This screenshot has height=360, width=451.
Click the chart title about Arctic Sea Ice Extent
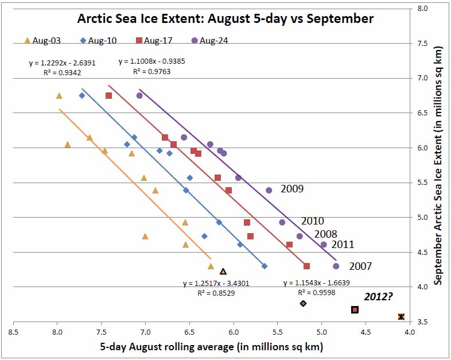click(x=226, y=19)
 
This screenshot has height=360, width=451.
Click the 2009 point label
click(x=292, y=188)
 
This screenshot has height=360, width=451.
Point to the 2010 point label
click(x=313, y=221)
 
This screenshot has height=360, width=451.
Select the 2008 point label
click(x=325, y=234)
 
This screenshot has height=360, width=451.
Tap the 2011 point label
click(x=343, y=245)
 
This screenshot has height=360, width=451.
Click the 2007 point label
click(x=360, y=266)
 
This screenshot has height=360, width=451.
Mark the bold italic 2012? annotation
click(x=379, y=296)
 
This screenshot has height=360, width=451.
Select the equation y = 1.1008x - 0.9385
click(x=151, y=61)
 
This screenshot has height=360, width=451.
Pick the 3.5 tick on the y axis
click(x=421, y=322)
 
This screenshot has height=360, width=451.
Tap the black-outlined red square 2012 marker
click(x=355, y=310)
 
